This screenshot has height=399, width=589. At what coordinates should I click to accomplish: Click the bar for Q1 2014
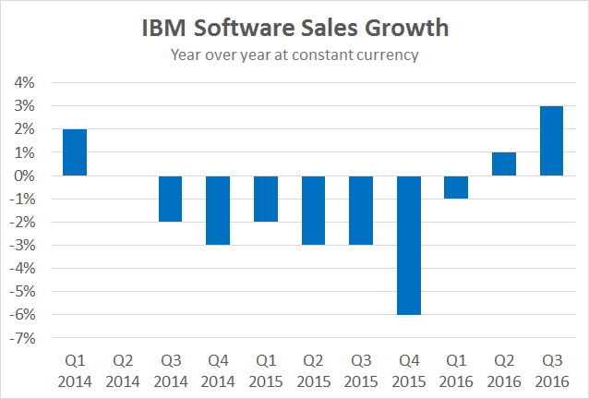(75, 152)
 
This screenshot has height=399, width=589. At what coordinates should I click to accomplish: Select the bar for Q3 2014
(170, 199)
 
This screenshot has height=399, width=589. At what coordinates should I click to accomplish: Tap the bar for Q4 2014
(218, 211)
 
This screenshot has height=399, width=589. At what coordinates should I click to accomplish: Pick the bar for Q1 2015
(266, 199)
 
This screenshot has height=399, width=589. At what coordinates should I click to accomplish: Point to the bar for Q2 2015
(314, 211)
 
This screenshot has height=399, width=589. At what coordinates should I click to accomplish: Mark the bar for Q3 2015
(361, 211)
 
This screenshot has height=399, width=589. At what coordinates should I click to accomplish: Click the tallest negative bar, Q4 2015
(409, 246)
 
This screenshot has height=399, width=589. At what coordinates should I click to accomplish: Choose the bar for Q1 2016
(456, 187)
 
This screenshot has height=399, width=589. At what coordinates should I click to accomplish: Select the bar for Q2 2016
(504, 164)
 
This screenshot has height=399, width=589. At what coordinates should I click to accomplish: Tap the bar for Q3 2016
(552, 140)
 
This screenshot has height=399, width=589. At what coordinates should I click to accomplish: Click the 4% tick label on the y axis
(24, 83)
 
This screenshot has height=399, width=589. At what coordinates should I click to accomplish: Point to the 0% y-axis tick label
(24, 175)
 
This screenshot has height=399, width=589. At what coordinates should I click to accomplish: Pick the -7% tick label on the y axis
(22, 338)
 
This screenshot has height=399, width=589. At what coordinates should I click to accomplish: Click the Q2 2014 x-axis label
(123, 370)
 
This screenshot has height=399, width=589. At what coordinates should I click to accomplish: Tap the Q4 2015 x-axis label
(409, 370)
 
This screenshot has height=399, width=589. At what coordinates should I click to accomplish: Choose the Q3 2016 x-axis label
(552, 370)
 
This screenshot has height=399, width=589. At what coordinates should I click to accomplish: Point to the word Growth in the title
(409, 29)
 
